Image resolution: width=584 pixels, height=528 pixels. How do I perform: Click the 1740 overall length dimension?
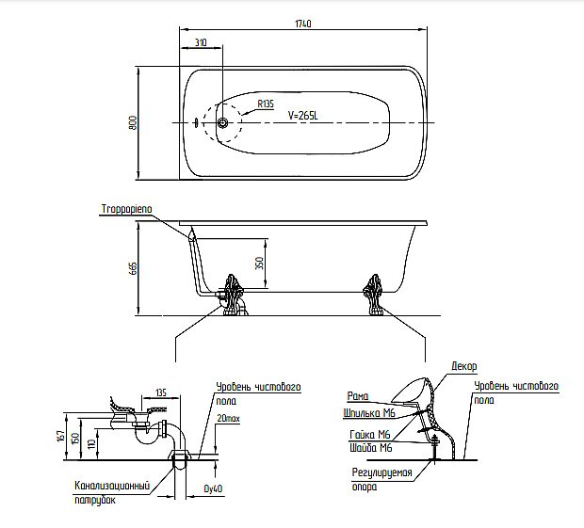coord(302,24)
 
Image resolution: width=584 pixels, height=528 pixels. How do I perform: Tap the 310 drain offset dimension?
coord(201,42)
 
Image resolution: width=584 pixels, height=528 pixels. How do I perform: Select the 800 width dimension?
coord(133,122)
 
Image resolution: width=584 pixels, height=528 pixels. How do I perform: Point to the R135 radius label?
coord(266,104)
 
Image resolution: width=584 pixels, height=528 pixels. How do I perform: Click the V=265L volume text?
coord(302,116)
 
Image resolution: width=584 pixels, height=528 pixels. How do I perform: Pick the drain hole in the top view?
coord(222,122)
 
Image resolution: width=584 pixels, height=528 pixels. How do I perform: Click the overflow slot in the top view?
coord(195,122)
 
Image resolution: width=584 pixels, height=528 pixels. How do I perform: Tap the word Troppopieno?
coord(126,209)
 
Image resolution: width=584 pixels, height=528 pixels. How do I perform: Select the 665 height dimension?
coord(133,268)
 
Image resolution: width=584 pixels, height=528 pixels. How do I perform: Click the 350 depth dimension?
coord(260,264)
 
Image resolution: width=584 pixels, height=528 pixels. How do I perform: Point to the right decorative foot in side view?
coord(373,295)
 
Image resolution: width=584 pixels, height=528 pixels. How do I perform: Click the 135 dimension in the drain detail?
coord(160,392)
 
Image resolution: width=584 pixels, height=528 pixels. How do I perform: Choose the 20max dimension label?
coord(228,419)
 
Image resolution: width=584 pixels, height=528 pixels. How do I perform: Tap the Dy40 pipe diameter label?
coord(214,488)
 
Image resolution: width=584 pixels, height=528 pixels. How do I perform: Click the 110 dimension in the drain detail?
coord(91,443)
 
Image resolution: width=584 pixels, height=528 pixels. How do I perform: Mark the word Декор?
coord(463,366)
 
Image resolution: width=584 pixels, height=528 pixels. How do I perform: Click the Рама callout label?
coord(358,396)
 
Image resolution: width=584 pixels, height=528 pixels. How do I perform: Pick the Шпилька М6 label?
coord(369,413)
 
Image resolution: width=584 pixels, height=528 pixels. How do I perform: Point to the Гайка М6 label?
coord(370,435)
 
